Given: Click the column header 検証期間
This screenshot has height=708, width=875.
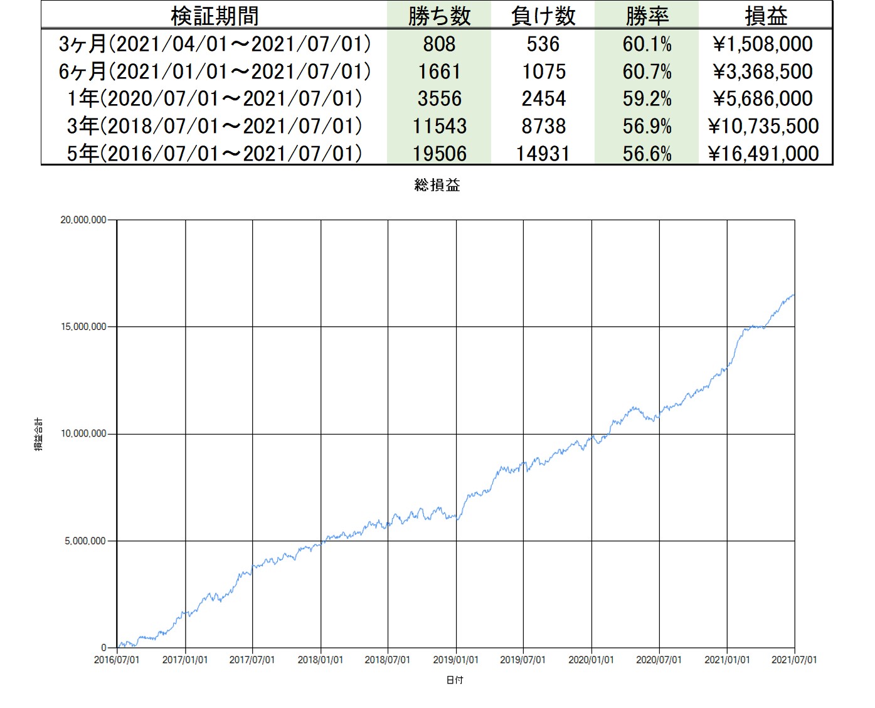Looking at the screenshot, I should point(214,16).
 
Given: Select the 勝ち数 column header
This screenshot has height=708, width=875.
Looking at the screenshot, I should point(439,16).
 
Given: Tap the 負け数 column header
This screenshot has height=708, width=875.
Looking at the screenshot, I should point(543,16).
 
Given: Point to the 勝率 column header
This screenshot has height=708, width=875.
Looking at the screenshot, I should point(647,16).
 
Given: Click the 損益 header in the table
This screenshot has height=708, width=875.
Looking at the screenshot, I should point(766,16).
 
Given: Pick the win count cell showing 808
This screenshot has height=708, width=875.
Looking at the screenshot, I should point(439,44).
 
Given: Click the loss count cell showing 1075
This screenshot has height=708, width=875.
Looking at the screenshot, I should point(543,71).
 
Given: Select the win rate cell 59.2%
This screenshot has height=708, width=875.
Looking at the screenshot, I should point(647,98).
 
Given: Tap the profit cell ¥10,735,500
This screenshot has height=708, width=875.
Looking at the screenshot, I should point(763,126).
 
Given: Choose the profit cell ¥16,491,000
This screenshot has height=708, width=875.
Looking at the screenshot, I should point(763,154).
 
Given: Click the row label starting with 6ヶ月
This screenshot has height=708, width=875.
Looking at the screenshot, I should point(214,71).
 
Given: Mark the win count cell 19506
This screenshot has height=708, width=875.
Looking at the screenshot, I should point(439,154).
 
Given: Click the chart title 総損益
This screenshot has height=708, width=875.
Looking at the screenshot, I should point(437,185).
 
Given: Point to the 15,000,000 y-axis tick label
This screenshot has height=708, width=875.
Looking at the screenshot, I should point(83,327).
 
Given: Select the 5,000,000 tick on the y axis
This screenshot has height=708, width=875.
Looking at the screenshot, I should point(85,541).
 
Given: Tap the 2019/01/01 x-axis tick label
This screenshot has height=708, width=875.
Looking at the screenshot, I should point(455,660).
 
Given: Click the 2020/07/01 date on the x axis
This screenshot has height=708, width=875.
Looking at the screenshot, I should point(659,660).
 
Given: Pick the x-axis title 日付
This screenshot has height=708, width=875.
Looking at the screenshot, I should point(455,680).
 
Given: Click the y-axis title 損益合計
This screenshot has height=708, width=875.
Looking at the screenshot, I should point(39,434).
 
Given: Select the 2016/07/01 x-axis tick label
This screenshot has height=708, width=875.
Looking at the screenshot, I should point(117,660).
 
